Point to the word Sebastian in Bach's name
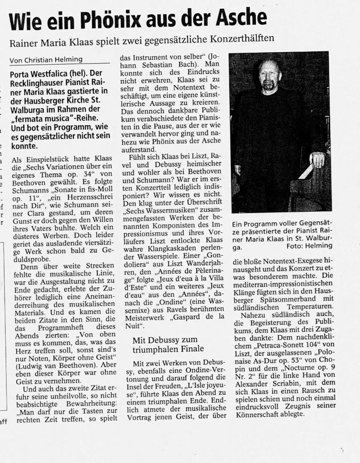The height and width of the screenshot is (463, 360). coord(151,74)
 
